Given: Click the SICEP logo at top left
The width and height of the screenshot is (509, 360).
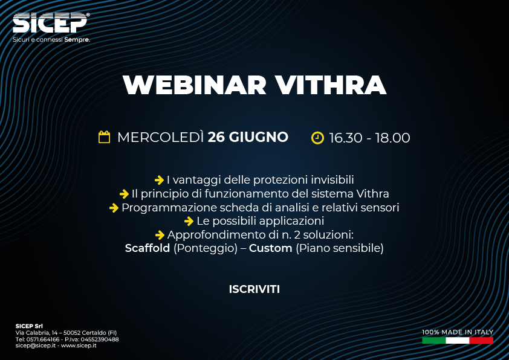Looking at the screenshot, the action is coord(51,23).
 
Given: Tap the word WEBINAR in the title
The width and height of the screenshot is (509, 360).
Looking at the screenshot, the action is coord(195,85).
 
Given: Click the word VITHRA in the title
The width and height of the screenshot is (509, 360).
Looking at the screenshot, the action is coord(331,85).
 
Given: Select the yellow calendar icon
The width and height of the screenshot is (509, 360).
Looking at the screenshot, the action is coord(104,137).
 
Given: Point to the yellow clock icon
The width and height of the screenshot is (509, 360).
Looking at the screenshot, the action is coord(317,138).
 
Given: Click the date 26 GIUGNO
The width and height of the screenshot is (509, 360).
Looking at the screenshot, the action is coord(248,137).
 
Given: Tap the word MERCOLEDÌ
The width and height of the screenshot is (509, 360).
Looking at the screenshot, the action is coord(161,137).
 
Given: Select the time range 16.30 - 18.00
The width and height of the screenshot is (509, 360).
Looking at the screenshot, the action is coord(369,138).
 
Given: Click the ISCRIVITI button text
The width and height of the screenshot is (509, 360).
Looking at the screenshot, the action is coord(254,289).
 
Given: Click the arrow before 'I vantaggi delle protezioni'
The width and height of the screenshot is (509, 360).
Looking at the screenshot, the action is coord(159,180).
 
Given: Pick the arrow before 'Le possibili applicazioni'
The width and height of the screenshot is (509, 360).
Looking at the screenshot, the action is coord(189,221).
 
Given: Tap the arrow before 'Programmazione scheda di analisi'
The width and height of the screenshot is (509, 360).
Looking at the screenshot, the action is coord(114,208).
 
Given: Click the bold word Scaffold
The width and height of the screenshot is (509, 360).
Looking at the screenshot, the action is coord(148,248).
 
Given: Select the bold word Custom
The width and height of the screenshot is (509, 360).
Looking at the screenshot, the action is coord(270,248).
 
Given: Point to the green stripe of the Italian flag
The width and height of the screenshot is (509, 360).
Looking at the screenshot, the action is coord(433,340).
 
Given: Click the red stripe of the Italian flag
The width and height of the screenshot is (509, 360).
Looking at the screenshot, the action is coord(481,340).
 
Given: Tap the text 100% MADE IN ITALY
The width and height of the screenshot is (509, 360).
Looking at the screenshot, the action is coord(458,332).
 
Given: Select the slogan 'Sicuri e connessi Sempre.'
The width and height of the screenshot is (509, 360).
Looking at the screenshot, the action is coord(51,40).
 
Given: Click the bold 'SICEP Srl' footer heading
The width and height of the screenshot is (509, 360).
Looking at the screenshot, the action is coord(29,326).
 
